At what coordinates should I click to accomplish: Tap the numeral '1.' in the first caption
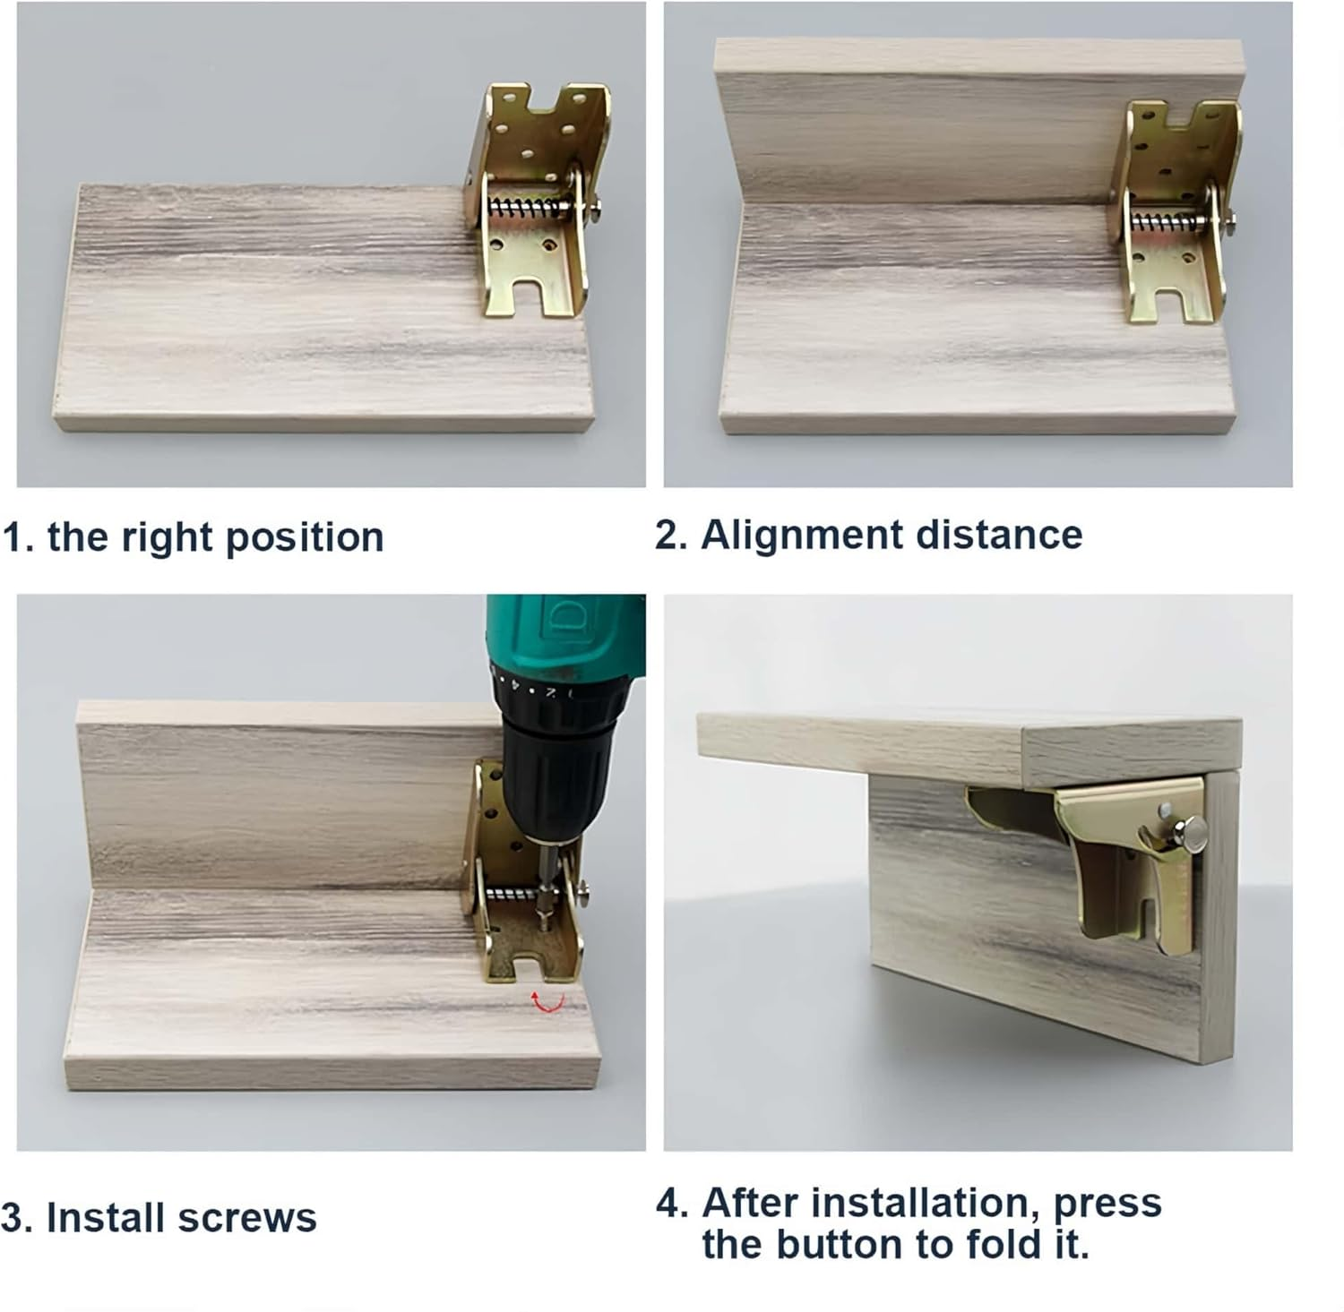18,537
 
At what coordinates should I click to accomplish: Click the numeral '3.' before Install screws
17,1218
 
